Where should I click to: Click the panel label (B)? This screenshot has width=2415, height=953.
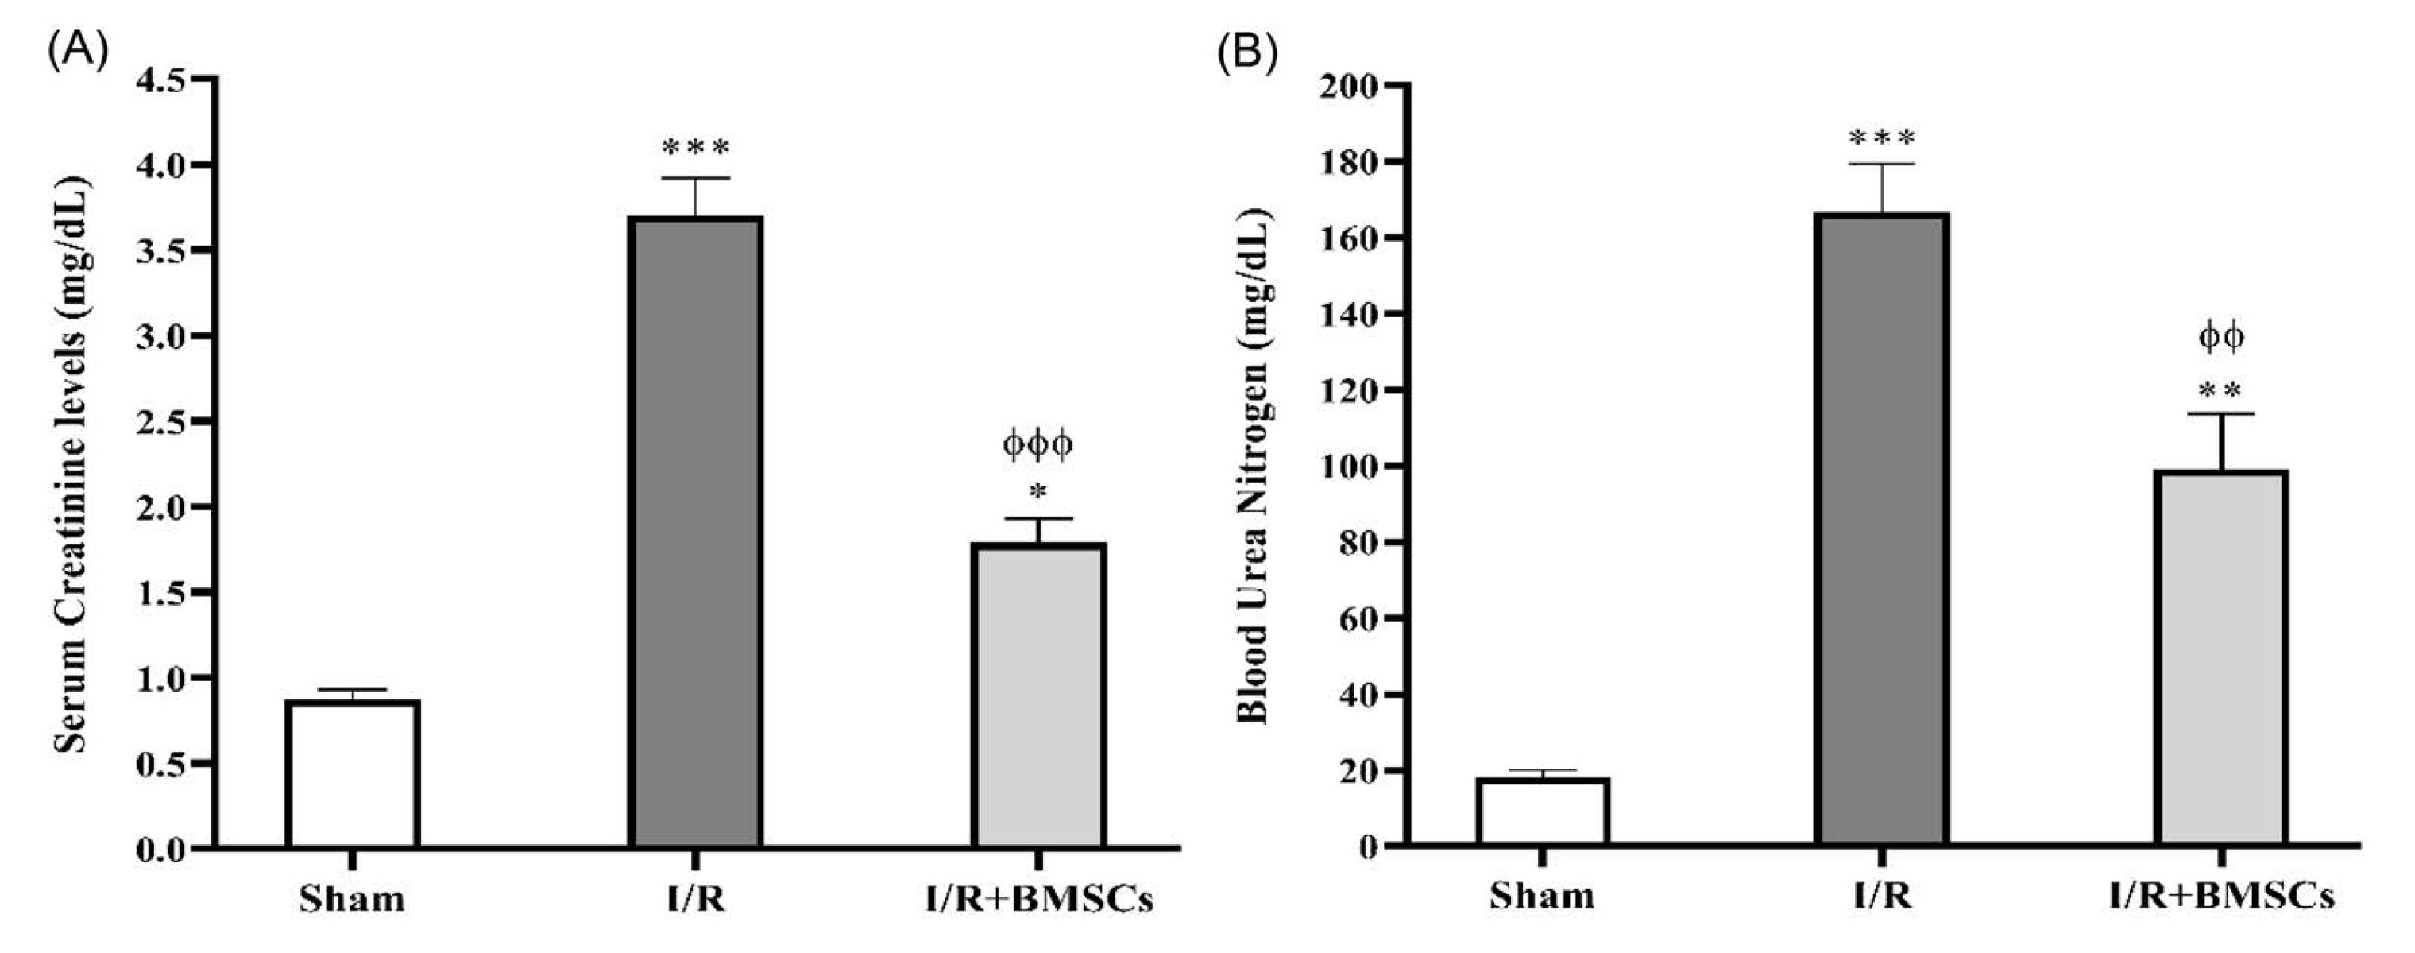pos(1247,53)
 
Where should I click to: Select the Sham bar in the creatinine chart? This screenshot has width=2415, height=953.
pos(353,774)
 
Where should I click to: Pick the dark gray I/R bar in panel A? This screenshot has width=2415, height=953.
pos(694,532)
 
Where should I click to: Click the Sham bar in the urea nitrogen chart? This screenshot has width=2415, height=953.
pos(1542,812)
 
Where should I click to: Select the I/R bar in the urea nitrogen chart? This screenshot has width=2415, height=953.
pos(1882,530)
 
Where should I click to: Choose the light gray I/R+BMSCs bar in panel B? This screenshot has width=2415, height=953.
pos(2220,657)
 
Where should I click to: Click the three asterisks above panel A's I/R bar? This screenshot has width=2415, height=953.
pos(694,147)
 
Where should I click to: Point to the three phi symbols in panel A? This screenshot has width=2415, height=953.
pos(1037,444)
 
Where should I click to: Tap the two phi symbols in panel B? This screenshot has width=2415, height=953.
pos(2221,338)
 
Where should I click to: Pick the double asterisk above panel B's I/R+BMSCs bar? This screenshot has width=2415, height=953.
pos(2220,390)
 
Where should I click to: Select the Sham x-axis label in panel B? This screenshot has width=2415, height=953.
pos(1542,896)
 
